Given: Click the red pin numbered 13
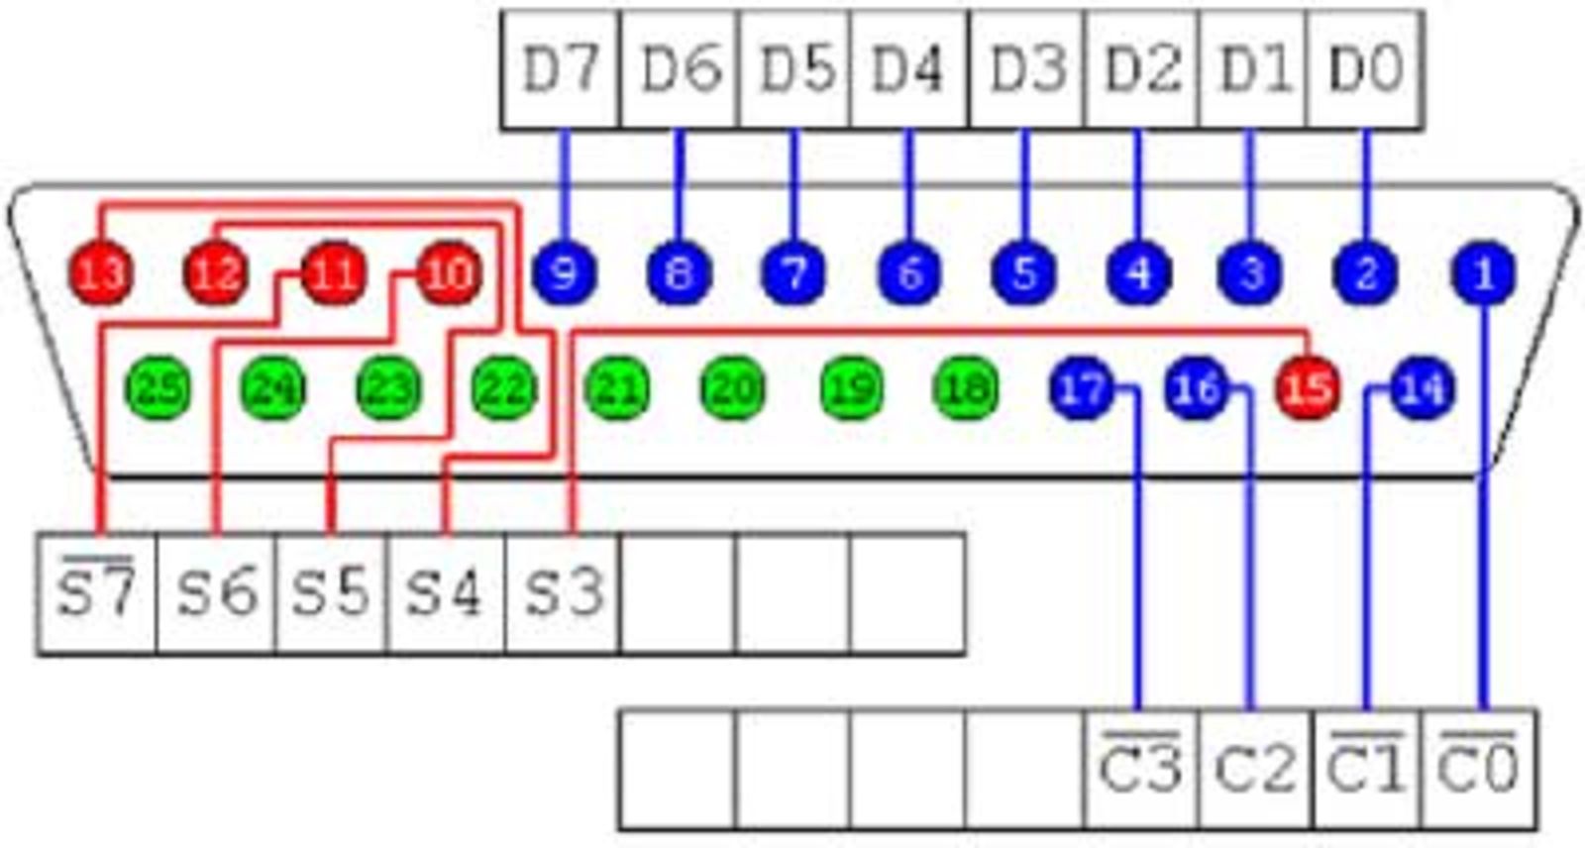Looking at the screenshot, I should (x=101, y=272).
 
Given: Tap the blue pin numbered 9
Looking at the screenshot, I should (x=564, y=272).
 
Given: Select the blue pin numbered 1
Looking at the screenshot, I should (x=1483, y=272).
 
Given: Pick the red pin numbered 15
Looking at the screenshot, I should (x=1308, y=387).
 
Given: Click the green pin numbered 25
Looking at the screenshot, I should (x=158, y=387).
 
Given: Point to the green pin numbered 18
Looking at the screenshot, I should (x=966, y=387).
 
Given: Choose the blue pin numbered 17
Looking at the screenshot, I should (x=1082, y=387).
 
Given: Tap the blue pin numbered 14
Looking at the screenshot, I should (x=1423, y=387).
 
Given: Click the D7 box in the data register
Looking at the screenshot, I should (x=561, y=69).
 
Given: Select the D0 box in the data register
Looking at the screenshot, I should (x=1366, y=69).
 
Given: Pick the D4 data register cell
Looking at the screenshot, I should (x=908, y=69).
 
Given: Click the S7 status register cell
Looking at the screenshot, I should (x=96, y=593).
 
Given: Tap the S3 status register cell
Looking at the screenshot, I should (x=563, y=593).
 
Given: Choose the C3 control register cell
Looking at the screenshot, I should (x=1140, y=769).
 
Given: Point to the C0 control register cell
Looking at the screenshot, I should (x=1479, y=769).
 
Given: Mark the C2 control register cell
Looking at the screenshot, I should (x=1255, y=769).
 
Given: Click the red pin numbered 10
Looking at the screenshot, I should (x=449, y=272).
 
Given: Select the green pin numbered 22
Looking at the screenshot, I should (x=503, y=387).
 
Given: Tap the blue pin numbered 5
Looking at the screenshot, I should (x=1024, y=272).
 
